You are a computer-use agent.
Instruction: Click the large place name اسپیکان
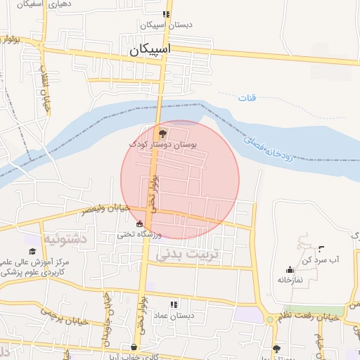coord(150,51)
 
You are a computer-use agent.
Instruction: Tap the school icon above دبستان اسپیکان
coord(166,14)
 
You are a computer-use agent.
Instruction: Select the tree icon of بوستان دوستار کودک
coord(163,134)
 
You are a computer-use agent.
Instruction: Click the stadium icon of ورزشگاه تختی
coord(139,224)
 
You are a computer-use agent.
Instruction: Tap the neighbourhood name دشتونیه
coord(65,239)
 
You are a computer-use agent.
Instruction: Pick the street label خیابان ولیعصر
coord(103,210)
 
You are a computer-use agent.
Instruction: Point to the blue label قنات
coord(248,96)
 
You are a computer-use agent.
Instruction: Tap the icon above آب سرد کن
coord(321,248)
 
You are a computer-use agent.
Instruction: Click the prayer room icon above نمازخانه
coord(290,269)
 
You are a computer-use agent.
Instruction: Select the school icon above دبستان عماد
coord(174,304)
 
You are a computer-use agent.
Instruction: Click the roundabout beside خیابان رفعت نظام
coord(272,320)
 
